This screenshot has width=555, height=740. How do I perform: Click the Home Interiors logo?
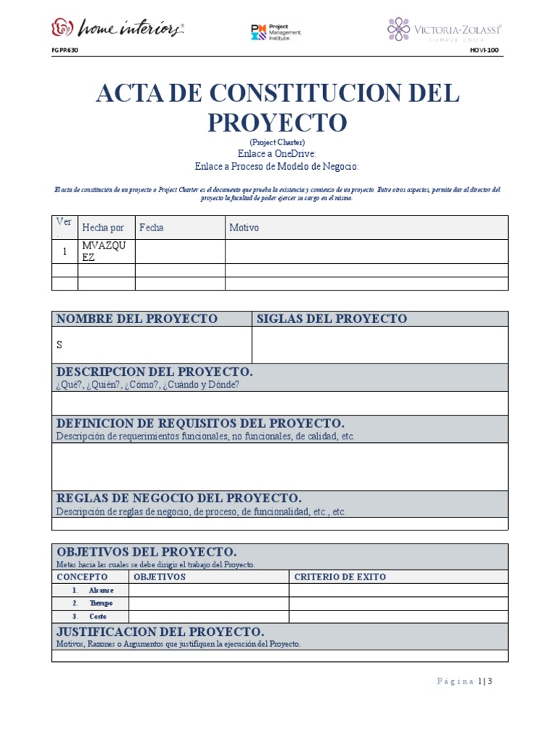coord(117,28)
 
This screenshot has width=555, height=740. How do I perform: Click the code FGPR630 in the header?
coord(66,51)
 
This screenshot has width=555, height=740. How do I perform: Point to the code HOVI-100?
coord(484,51)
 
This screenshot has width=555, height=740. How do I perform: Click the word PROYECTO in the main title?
coord(277,122)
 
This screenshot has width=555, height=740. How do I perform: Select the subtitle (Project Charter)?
coord(277,142)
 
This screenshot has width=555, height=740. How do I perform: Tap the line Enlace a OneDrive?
coord(277,154)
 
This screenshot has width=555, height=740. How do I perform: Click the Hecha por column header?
coord(103,228)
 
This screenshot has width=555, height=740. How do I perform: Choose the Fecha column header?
coord(152,228)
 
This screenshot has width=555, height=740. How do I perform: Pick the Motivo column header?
coord(244,228)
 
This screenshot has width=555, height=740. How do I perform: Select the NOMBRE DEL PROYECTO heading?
coord(137,319)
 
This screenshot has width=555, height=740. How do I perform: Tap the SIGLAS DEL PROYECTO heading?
coord(332,319)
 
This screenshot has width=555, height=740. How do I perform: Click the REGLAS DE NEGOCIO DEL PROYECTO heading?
coord(178,499)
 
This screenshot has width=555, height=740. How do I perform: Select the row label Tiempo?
coord(100,603)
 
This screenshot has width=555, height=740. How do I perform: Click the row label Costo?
coord(98,616)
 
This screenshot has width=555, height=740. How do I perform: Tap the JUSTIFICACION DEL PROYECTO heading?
coord(160,632)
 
